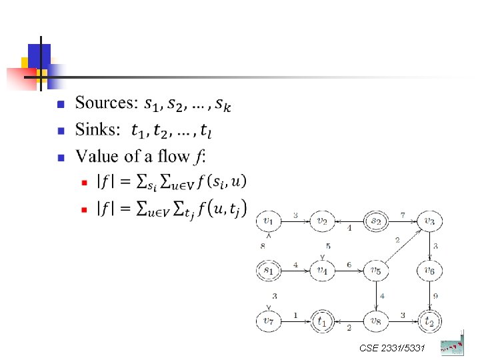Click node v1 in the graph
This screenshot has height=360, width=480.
pyautogui.click(x=268, y=220)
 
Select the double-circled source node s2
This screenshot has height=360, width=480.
pyautogui.click(x=376, y=220)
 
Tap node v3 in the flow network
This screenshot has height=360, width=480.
pyautogui.click(x=430, y=220)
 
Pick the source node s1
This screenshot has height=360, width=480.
pyautogui.click(x=268, y=271)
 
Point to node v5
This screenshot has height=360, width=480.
pyautogui.click(x=376, y=271)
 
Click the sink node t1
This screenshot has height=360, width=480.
pyautogui.click(x=322, y=321)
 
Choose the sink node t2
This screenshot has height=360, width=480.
pyautogui.click(x=430, y=321)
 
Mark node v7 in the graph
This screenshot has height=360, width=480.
pyautogui.click(x=268, y=321)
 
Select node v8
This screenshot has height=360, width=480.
pyautogui.click(x=376, y=321)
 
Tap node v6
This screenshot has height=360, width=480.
pyautogui.click(x=430, y=271)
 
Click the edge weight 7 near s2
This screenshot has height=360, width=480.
pyautogui.click(x=403, y=215)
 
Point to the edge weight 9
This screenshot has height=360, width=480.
pyautogui.click(x=436, y=296)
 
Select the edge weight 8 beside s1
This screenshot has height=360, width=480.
pyautogui.click(x=263, y=246)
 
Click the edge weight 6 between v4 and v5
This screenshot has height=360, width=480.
pyautogui.click(x=348, y=265)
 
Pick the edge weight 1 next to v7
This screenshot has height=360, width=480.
pyautogui.click(x=295, y=315)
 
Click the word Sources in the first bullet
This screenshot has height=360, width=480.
pyautogui.click(x=105, y=103)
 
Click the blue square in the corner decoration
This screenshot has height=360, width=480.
pyautogui.click(x=39, y=55)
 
